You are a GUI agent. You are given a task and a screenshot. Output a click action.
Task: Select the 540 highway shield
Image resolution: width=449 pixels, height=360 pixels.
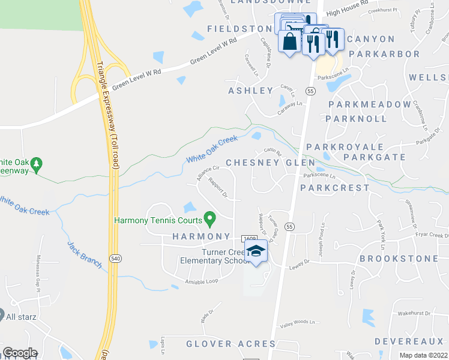coord(116,258)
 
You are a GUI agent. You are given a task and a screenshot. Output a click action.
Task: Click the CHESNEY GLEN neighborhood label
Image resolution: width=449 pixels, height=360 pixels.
coord(262,163)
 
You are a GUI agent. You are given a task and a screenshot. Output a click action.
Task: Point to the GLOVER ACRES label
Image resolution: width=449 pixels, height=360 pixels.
coord(231,344)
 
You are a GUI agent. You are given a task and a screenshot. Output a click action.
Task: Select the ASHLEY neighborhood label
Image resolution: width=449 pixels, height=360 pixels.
coord(251,91)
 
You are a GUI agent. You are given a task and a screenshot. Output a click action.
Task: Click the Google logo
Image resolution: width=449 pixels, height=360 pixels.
coord(19,353)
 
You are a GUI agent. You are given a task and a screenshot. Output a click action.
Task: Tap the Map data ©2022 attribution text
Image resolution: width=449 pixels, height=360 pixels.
coord(424,355)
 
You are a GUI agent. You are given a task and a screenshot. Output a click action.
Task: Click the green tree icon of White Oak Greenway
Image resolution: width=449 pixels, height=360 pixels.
coord(37,163)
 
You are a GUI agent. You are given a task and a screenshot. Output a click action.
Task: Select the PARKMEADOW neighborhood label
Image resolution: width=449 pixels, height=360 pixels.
coord(361,104)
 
